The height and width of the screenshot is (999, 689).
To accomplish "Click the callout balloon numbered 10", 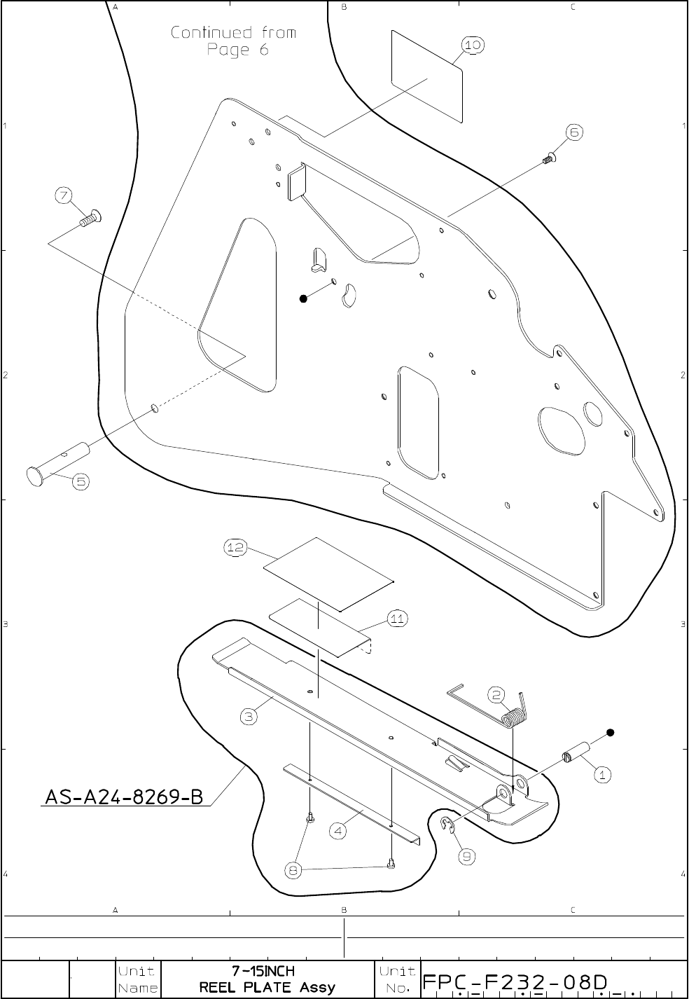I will point(473,45).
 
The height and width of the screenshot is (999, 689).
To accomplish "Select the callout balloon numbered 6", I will point(573,132).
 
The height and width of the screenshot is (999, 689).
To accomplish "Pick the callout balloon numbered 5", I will point(81,481).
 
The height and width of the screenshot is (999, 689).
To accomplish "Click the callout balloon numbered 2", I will point(496,696).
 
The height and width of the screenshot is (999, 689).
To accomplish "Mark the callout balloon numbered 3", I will point(249,717).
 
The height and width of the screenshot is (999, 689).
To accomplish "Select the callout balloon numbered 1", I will point(603,775).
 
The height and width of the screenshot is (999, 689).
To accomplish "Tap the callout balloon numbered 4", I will point(338,832).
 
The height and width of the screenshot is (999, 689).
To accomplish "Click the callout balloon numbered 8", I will point(294,871).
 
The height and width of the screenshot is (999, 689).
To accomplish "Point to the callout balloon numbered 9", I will point(467,855).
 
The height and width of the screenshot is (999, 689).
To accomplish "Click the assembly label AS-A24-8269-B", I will point(124,797).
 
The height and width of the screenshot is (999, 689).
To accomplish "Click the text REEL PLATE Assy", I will point(267,988).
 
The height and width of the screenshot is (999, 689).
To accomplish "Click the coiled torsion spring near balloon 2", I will point(513,717).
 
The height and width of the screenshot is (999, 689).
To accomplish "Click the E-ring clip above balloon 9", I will point(447,826).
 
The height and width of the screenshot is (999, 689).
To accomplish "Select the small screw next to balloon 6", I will point(548,158).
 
